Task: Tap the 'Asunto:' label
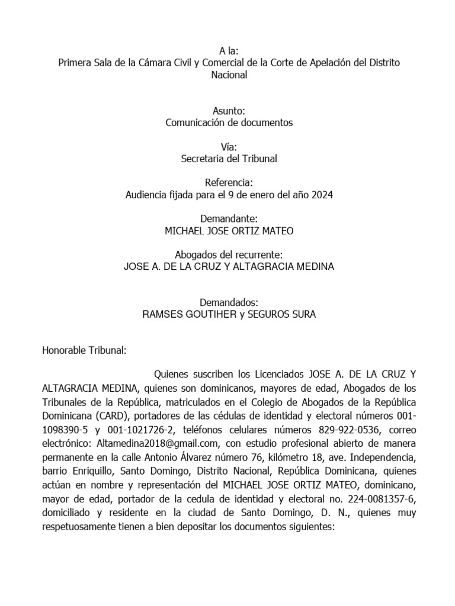coord(228,111)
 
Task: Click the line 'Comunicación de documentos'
coord(228,123)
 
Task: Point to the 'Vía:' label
coord(228,147)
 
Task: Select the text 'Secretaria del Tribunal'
coord(228,159)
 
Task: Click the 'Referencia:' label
coord(228,182)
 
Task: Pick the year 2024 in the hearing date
coord(321,195)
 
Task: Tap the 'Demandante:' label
coord(228,218)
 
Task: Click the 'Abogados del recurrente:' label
coord(228,254)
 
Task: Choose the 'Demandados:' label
coord(228,302)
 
